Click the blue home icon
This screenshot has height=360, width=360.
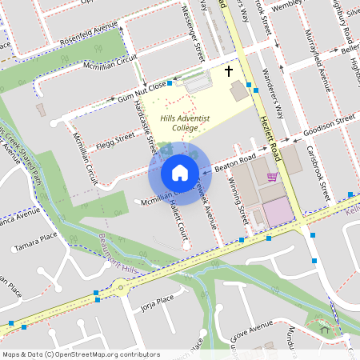tap(180, 172)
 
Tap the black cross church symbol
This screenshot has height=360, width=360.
tap(229, 71)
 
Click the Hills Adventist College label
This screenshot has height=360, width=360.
tap(184, 122)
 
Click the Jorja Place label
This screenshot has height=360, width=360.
tap(157, 300)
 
